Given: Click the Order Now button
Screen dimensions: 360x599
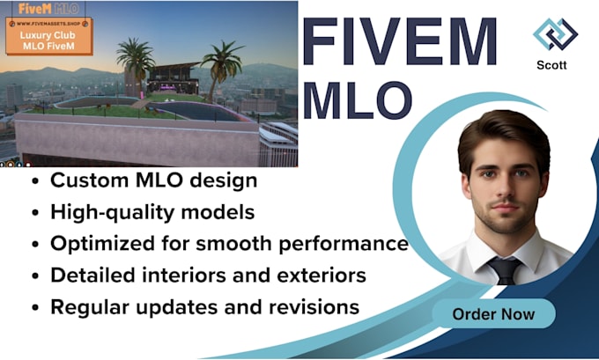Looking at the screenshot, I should click(x=493, y=313).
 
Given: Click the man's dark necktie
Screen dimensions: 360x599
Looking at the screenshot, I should click(x=505, y=269).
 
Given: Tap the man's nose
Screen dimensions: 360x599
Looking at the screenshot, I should click(x=500, y=195).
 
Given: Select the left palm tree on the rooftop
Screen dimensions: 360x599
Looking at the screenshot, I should click(x=135, y=62).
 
